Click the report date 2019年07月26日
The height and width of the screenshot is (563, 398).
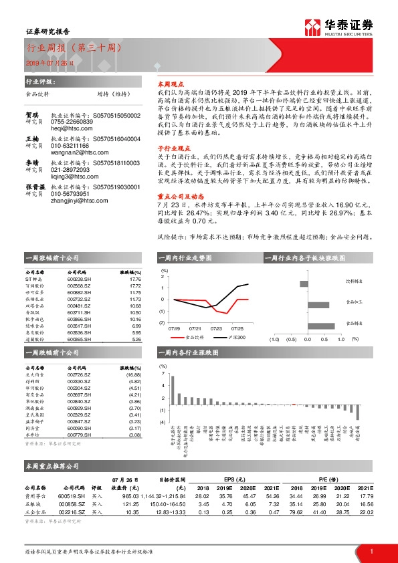(x=46, y=62)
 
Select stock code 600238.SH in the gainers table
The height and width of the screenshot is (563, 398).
(x=79, y=280)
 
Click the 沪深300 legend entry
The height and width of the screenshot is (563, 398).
(x=236, y=337)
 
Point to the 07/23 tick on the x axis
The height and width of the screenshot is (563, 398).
(x=215, y=328)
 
